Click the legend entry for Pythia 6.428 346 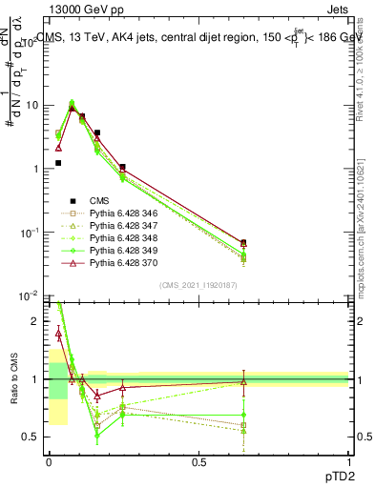click(x=120, y=213)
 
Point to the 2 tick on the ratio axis click(x=37, y=321)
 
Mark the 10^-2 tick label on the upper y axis click(x=29, y=296)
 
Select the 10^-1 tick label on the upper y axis click(x=29, y=233)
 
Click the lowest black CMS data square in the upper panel click(x=58, y=163)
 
